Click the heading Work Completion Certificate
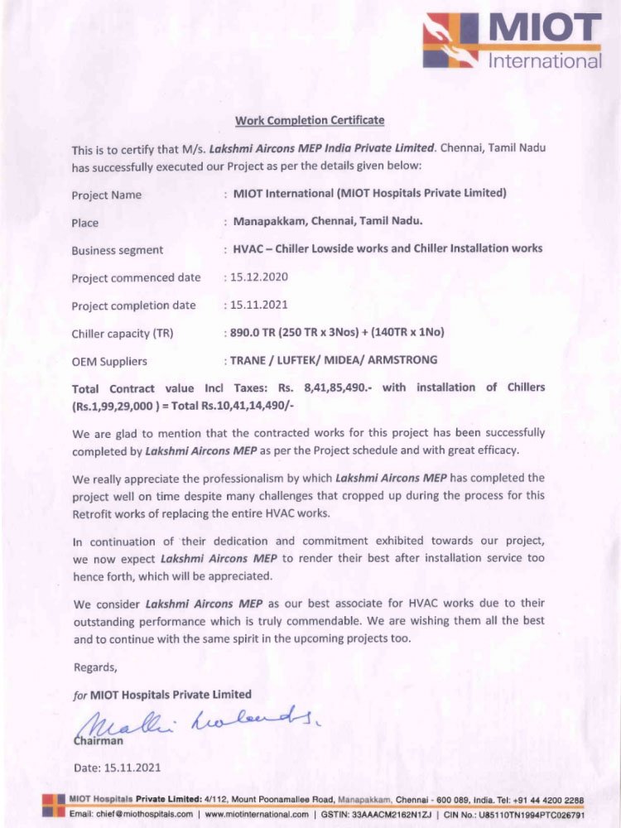pyautogui.click(x=310, y=121)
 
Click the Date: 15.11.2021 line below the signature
pyautogui.click(x=118, y=768)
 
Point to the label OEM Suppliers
pyautogui.click(x=109, y=361)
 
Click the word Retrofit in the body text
pyautogui.click(x=95, y=513)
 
